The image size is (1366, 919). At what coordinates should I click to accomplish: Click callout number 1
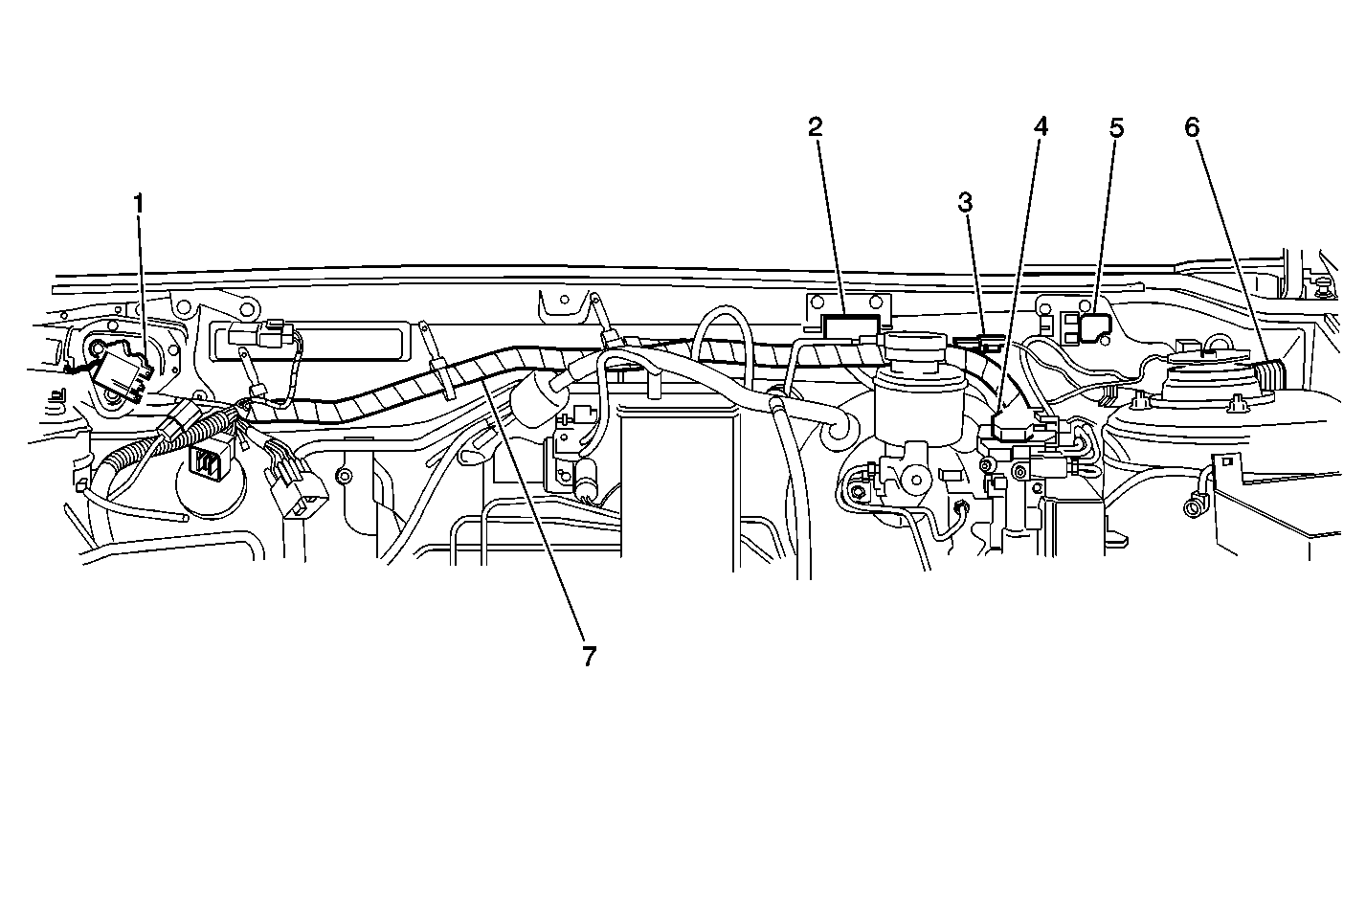140,203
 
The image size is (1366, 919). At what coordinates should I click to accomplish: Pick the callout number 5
1116,127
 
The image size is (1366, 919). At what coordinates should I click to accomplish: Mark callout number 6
1192,126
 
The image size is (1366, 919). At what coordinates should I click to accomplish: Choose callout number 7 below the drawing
588,656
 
